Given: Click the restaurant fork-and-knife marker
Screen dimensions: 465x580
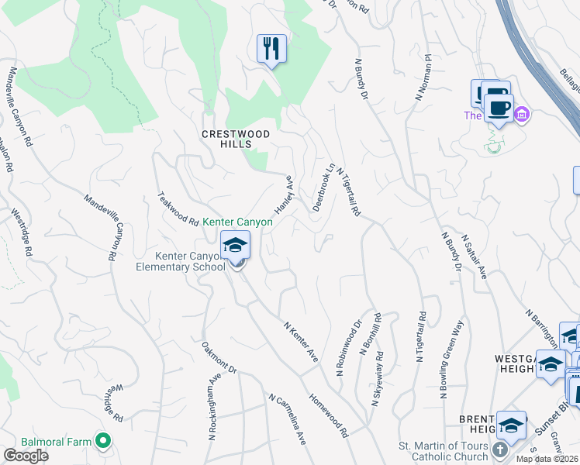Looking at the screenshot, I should click(271, 50).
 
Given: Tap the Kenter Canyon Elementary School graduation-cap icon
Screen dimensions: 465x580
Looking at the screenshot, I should click(235, 246).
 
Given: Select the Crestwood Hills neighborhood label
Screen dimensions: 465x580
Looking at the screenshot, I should click(236, 139).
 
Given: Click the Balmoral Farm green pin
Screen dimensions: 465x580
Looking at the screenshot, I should click(102, 441).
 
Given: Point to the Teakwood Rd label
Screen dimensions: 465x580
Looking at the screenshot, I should click(178, 208).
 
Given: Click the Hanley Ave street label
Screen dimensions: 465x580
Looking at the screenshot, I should click(285, 195).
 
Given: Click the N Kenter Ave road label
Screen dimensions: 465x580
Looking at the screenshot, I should click(301, 343).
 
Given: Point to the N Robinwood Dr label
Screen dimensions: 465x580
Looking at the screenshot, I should click(349, 349).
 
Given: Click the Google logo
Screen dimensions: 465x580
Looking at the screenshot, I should click(25, 456).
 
